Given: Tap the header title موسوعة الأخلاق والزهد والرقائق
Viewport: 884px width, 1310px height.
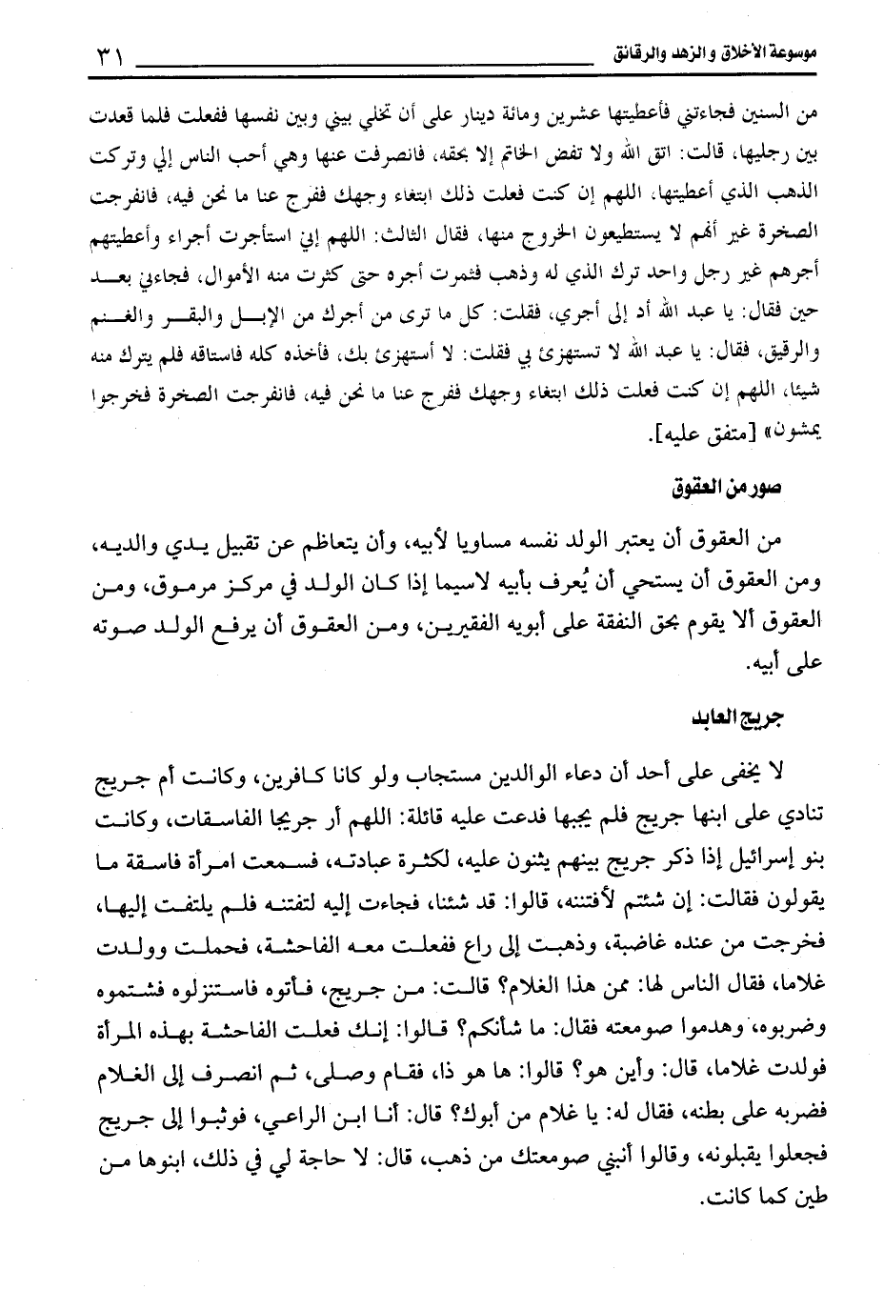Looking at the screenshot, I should coord(714,50).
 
